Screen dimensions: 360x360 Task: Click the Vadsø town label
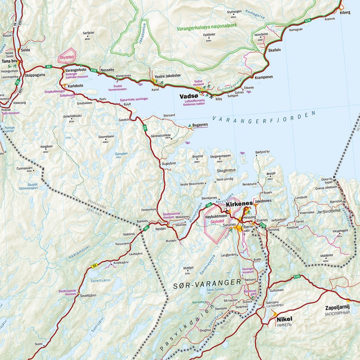click(x=189, y=96)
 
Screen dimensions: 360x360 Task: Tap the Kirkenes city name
click(x=238, y=204)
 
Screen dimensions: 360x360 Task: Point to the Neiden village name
click(x=160, y=227)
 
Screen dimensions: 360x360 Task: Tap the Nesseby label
click(x=107, y=69)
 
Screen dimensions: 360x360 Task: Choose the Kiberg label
click(x=345, y=11)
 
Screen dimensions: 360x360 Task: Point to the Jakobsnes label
click(x=263, y=200)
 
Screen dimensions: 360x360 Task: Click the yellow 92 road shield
click(x=93, y=265)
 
